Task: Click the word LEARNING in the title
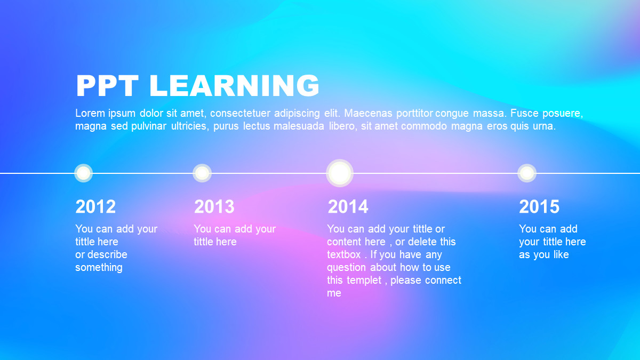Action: coord(234,86)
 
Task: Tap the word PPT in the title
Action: coord(107,86)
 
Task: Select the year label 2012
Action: coord(95,206)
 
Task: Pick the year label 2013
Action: coord(214,206)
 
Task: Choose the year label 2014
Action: coord(348,206)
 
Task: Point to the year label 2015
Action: coord(539,206)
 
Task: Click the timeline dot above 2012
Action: coord(83,173)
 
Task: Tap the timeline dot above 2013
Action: coord(202,173)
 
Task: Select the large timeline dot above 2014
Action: coord(340,173)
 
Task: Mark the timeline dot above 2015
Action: coord(527,173)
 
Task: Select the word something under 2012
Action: coord(99,268)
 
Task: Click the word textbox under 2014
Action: coord(343,254)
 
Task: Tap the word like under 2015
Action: coord(561,254)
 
